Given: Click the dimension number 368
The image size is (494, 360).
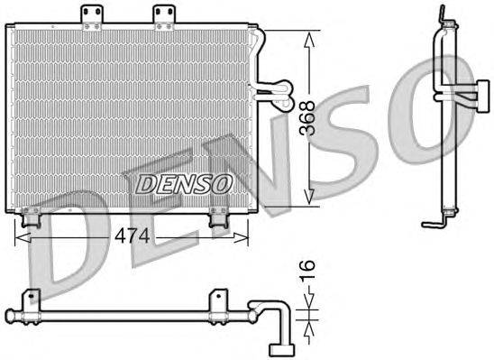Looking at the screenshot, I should (x=310, y=116).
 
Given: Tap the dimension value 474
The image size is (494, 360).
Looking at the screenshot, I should (x=132, y=236).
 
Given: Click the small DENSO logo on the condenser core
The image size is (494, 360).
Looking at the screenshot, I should (x=183, y=182).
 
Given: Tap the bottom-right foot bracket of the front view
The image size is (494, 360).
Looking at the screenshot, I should (x=217, y=217).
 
